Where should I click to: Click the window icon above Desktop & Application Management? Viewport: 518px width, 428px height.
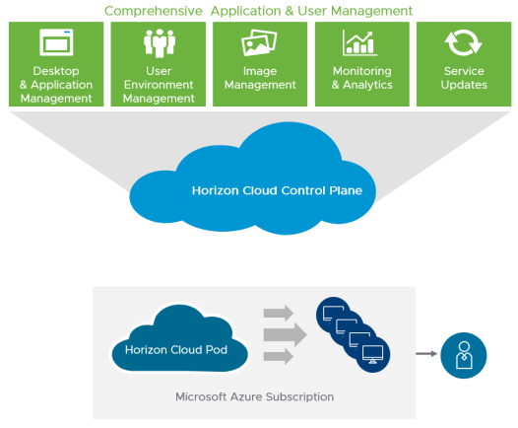56,42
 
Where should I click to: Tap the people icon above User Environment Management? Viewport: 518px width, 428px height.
160,43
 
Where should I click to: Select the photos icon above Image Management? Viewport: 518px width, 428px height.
259,42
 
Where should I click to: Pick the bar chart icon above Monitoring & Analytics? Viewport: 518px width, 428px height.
359,42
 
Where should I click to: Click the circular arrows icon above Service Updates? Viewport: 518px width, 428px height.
463,42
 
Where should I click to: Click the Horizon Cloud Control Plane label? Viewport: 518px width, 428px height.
277,190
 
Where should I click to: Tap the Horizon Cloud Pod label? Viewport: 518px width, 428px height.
176,350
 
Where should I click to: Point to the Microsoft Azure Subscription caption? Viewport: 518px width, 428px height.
254,396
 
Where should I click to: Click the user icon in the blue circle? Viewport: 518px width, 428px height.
464,355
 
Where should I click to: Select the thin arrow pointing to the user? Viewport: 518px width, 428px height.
426,354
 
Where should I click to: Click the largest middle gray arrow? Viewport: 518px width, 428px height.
286,335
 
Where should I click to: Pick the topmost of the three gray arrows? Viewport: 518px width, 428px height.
279,313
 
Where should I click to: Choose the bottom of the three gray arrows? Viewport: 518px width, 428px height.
279,357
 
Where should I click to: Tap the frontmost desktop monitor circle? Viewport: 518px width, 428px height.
373,355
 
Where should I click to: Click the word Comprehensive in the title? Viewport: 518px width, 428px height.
154,11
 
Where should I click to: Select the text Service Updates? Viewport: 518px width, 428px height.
464,78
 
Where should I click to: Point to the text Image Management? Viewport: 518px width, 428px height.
260,78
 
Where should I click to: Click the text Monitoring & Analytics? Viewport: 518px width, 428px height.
362,78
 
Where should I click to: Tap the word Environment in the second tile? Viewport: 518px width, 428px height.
159,85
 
